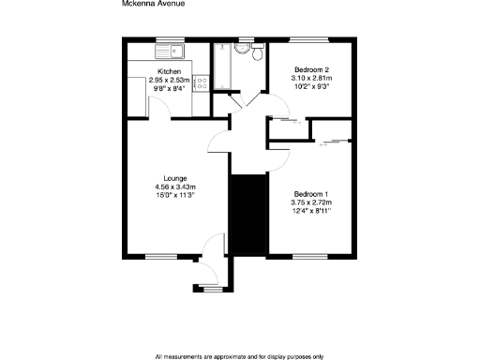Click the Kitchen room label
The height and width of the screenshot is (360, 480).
[x=170, y=71]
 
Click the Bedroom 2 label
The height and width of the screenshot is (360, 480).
[x=311, y=70]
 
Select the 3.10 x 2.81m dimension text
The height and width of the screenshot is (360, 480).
[x=312, y=80]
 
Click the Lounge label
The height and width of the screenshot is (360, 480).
[x=175, y=178]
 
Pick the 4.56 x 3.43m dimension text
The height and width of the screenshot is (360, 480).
[x=175, y=187]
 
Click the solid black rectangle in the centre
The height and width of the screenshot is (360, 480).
[x=247, y=214]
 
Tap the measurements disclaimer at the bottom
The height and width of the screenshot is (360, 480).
[x=240, y=356]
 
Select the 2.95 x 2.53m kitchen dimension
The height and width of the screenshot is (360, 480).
[x=170, y=81]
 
